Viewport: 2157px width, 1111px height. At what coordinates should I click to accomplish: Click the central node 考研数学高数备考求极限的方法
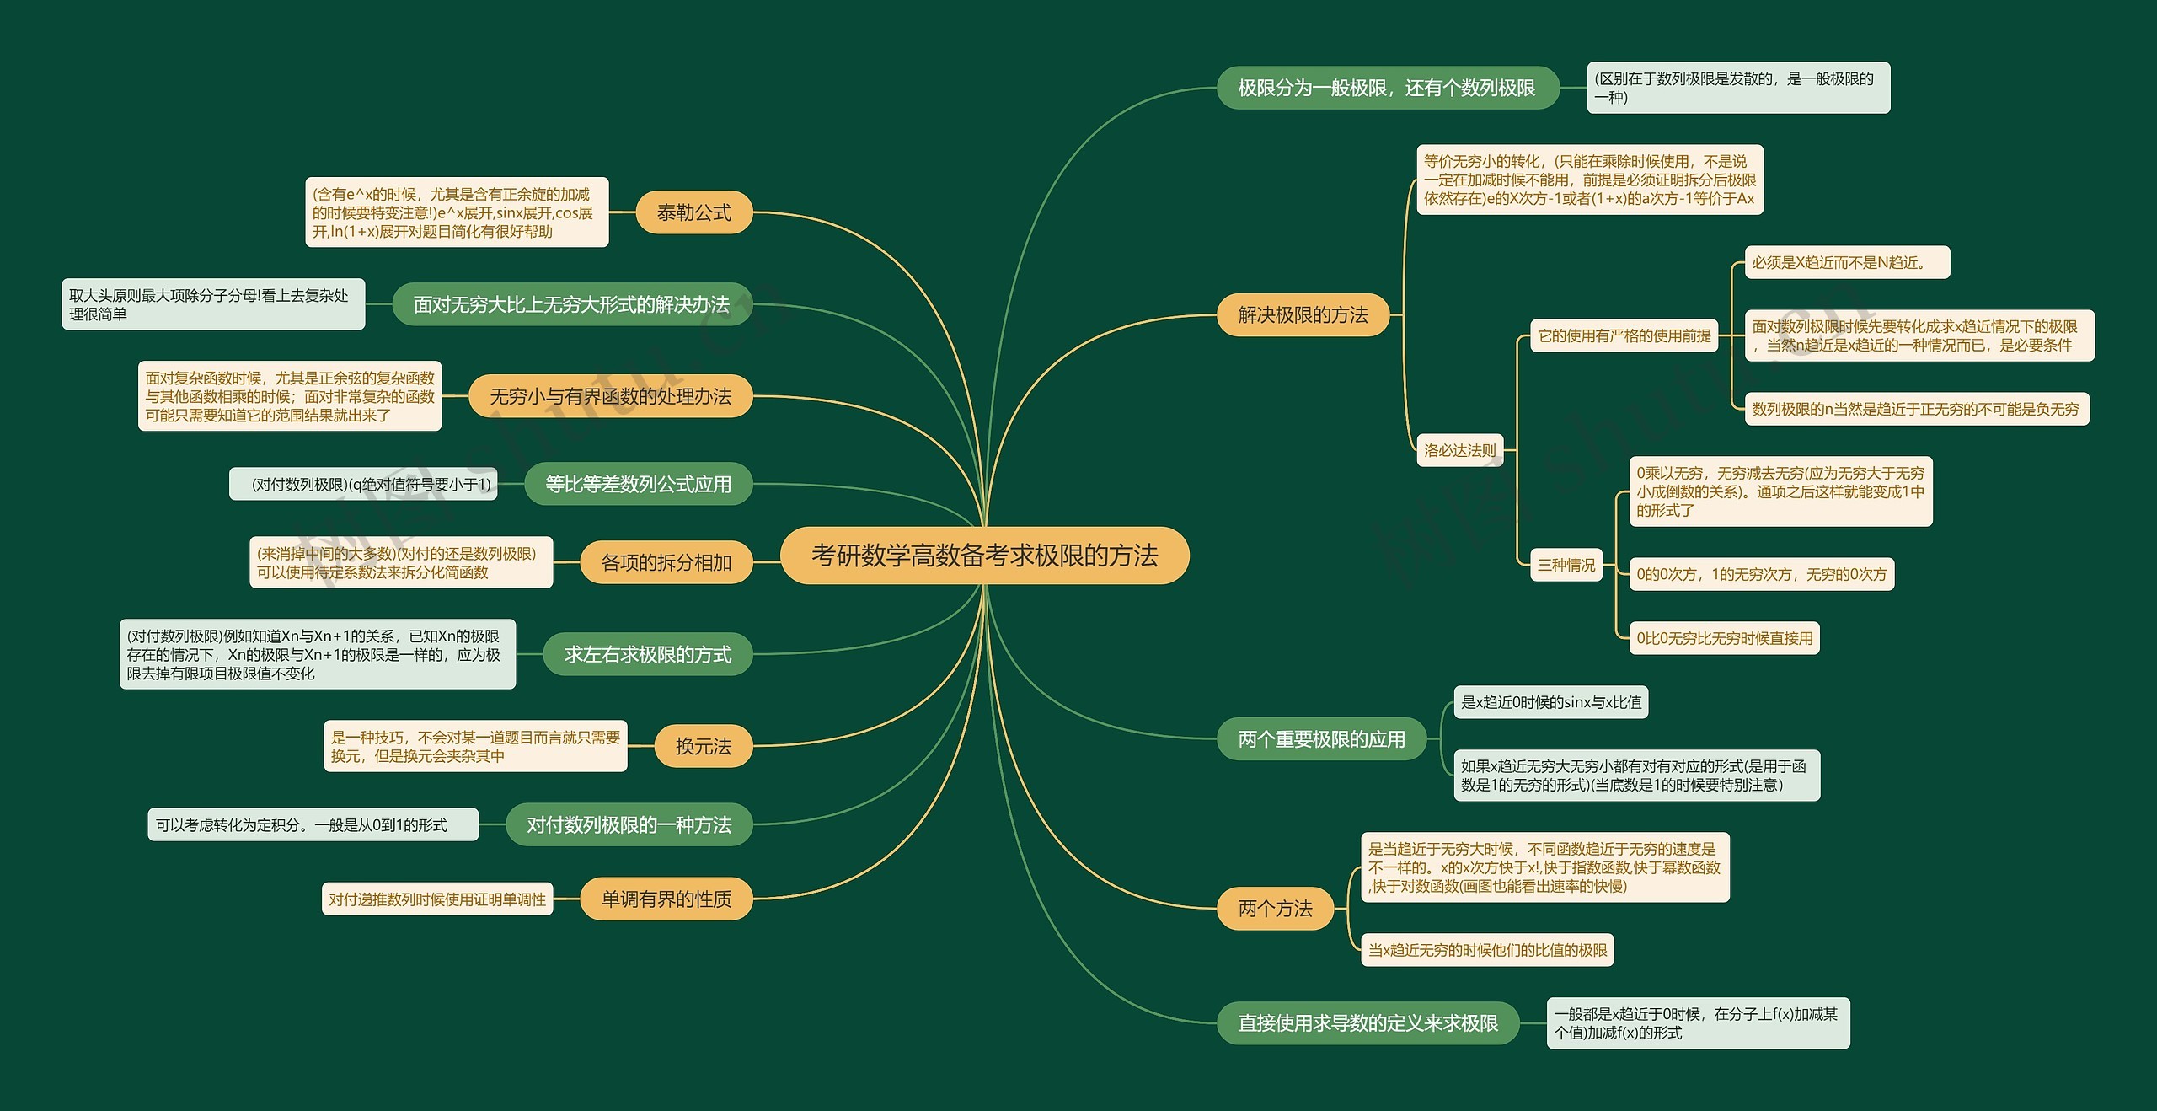[x=984, y=555]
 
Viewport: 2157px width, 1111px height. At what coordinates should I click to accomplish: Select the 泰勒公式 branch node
[x=693, y=212]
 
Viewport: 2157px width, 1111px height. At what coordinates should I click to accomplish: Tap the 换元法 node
[x=703, y=746]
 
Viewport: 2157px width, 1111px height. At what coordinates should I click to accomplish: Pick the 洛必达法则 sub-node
[x=1459, y=450]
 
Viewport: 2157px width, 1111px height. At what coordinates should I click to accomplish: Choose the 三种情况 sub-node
[x=1566, y=565]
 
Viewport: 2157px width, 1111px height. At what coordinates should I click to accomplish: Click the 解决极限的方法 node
[x=1303, y=315]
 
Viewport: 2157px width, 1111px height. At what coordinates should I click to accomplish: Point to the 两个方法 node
[x=1275, y=909]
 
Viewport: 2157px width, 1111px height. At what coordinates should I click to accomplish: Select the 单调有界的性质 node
[x=666, y=899]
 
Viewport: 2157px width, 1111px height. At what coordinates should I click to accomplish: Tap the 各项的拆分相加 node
[x=666, y=562]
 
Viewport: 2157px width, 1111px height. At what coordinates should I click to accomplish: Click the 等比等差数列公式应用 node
[x=638, y=484]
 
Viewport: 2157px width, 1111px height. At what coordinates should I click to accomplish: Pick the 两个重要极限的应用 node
[x=1321, y=739]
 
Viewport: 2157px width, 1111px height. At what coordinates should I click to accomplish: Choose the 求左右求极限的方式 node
[x=647, y=654]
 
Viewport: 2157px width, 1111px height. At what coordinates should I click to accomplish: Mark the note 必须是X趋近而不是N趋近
[x=1846, y=263]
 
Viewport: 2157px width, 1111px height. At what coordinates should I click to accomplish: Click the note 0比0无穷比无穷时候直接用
[x=1724, y=638]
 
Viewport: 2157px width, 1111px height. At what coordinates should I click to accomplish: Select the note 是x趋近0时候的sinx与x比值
[x=1550, y=702]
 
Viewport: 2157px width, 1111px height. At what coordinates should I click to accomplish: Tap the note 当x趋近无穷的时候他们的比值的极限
[x=1487, y=950]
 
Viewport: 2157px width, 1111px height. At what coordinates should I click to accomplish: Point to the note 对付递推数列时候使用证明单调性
[x=437, y=899]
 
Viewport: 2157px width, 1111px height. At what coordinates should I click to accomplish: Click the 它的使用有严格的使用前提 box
[x=1624, y=335]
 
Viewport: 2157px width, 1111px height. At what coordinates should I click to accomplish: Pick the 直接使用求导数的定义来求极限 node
[x=1368, y=1023]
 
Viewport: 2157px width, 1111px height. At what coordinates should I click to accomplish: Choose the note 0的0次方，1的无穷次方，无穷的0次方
[x=1761, y=574]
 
